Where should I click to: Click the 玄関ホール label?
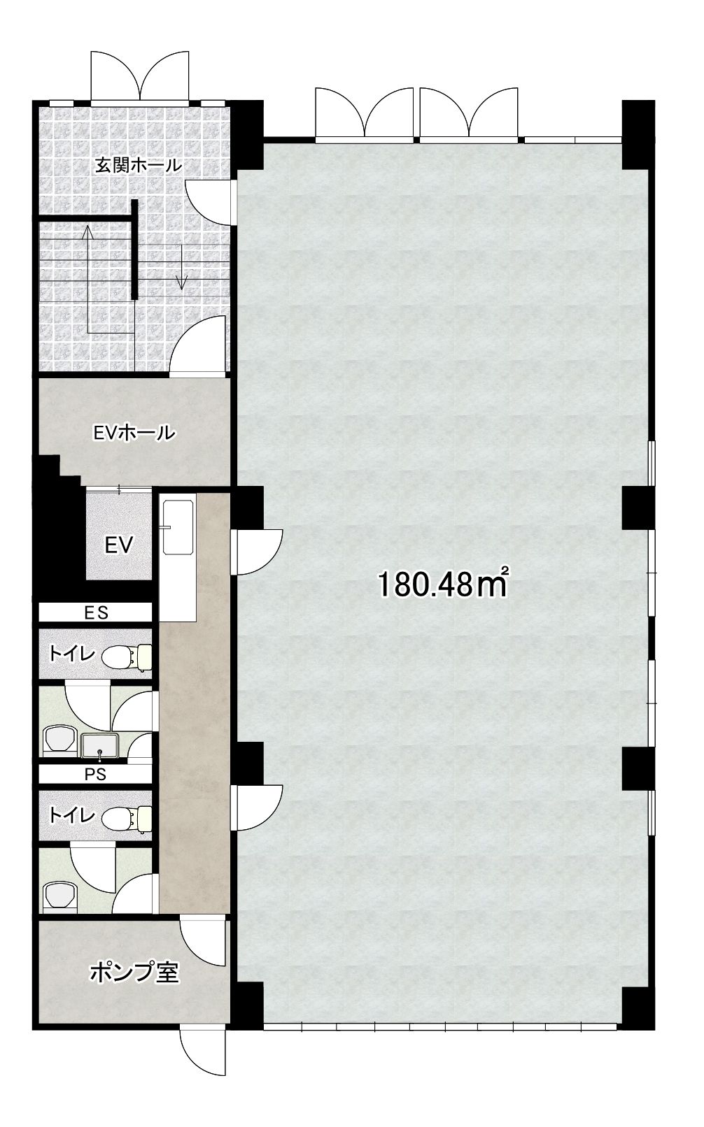(139, 165)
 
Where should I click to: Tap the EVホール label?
(134, 432)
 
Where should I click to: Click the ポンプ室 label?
(134, 974)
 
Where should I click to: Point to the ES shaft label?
(96, 612)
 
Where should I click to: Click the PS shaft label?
(95, 775)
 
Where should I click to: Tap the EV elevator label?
(119, 545)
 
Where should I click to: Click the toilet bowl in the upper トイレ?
(127, 656)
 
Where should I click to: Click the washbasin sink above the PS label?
(100, 746)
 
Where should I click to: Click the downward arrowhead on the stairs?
(182, 284)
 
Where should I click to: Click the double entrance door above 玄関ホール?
(139, 76)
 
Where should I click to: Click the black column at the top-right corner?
(638, 135)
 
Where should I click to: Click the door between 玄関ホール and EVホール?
(197, 347)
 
